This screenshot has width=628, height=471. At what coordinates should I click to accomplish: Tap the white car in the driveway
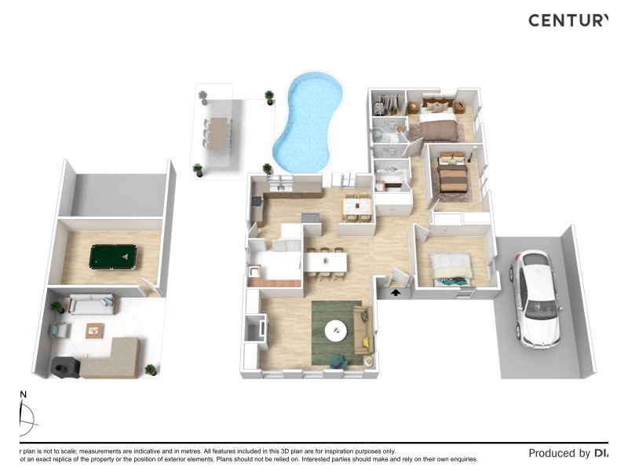535,298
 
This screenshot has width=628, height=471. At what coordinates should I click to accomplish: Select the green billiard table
112,256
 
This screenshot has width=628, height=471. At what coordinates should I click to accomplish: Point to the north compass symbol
25,416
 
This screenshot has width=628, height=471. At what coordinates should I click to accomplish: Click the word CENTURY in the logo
567,20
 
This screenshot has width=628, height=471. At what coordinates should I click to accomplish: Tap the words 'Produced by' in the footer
559,453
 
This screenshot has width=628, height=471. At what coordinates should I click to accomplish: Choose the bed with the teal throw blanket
452,269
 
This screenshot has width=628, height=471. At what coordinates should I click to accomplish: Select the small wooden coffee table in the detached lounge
95,330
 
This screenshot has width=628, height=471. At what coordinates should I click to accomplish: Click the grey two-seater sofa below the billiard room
91,303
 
